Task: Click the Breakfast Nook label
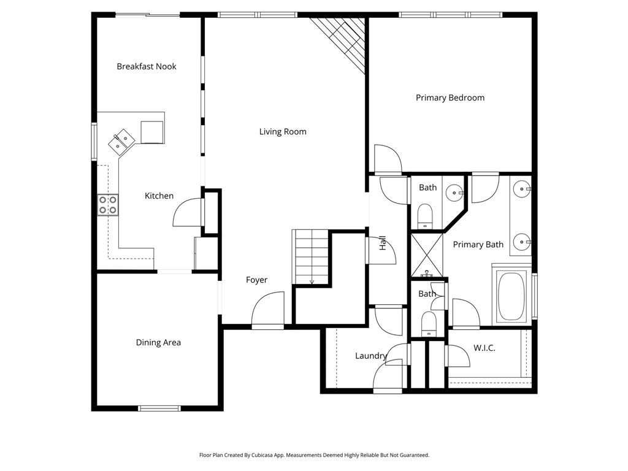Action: click(147, 66)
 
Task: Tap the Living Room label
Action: click(283, 131)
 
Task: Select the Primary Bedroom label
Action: click(450, 98)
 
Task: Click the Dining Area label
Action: click(158, 342)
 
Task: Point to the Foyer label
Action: click(256, 280)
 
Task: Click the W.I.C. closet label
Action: click(484, 348)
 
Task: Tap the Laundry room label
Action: click(371, 356)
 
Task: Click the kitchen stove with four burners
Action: click(107, 205)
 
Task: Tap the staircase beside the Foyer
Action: click(311, 257)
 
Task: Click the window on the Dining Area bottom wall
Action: click(159, 408)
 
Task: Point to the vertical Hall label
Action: click(383, 243)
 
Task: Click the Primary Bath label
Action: click(478, 244)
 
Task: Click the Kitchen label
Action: click(159, 196)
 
